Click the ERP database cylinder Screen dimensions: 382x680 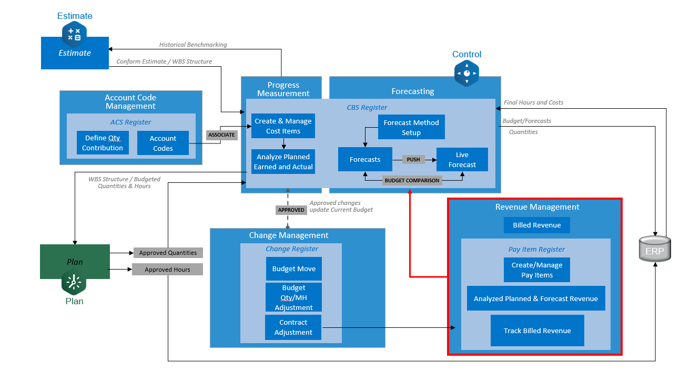pyautogui.click(x=655, y=249)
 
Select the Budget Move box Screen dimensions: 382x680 pyautogui.click(x=293, y=269)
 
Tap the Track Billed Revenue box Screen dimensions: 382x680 pyautogui.click(x=537, y=331)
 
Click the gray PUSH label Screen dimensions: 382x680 pyautogui.click(x=413, y=159)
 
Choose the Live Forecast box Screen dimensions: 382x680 pyautogui.click(x=462, y=159)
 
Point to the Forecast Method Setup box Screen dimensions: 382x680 pyautogui.click(x=411, y=127)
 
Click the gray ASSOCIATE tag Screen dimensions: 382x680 pyautogui.click(x=221, y=135)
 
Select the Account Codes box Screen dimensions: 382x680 pyautogui.click(x=163, y=143)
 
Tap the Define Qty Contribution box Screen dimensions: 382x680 pyautogui.click(x=103, y=143)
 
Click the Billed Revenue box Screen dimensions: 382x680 pyautogui.click(x=536, y=225)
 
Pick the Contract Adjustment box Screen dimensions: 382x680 pyautogui.click(x=293, y=327)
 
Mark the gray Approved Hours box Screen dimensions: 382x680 pyautogui.click(x=167, y=270)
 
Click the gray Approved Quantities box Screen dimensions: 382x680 pyautogui.click(x=168, y=253)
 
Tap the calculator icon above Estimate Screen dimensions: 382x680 pyautogui.click(x=74, y=34)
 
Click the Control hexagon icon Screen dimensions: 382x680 pyautogui.click(x=466, y=73)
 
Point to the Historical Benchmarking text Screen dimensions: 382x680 pyautogui.click(x=193, y=45)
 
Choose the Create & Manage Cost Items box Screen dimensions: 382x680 pyautogui.click(x=283, y=126)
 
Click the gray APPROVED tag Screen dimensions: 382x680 pyautogui.click(x=291, y=210)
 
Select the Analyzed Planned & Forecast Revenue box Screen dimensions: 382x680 pyautogui.click(x=535, y=298)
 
